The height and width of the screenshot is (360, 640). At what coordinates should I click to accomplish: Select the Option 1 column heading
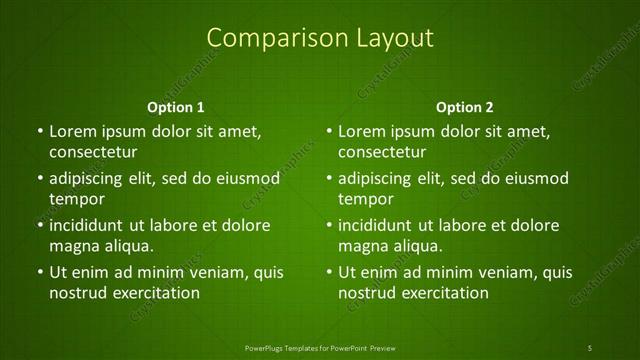[x=176, y=107]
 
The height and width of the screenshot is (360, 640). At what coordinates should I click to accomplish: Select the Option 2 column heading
[x=465, y=107]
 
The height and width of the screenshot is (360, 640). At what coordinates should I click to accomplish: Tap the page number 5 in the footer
[x=590, y=348]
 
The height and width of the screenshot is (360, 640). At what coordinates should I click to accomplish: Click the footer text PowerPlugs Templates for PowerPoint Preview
[x=320, y=348]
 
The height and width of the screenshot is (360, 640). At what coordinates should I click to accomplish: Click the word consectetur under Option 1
[x=93, y=152]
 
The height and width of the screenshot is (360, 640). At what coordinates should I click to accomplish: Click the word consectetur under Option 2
[x=383, y=152]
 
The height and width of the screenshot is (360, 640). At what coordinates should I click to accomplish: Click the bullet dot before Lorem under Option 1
[x=39, y=132]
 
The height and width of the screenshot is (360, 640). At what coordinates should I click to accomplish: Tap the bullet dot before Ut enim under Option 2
[x=329, y=272]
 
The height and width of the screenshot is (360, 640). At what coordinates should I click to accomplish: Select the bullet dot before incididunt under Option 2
[x=329, y=225]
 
